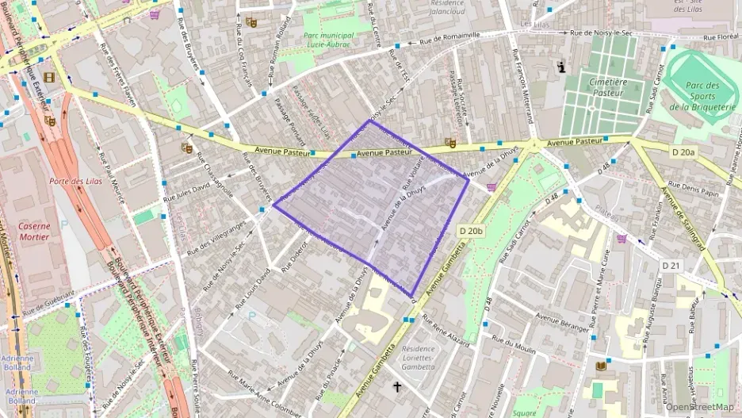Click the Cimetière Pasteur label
point(606,86)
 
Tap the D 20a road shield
point(682,151)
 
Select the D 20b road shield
point(471,231)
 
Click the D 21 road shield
point(671,265)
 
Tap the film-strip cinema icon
point(50,77)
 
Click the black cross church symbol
point(397,387)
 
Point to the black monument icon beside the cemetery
point(562,68)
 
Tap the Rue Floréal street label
point(718,36)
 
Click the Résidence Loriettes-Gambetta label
point(418,358)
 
